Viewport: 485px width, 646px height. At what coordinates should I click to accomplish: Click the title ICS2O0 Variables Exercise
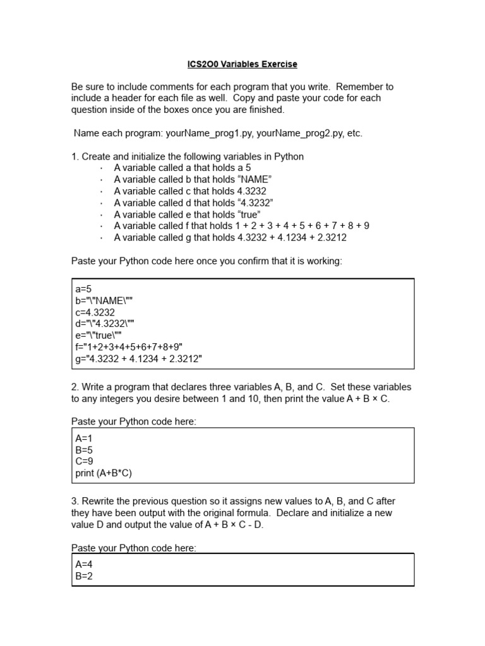tap(242, 64)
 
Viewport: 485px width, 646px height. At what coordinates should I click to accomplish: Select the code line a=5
tap(83, 288)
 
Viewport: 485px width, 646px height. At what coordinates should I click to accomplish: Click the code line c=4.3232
tap(95, 312)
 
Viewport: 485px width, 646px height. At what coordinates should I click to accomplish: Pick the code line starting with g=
tap(139, 360)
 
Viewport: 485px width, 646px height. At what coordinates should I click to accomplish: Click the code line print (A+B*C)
tap(104, 473)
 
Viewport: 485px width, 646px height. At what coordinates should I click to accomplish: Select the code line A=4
tap(84, 564)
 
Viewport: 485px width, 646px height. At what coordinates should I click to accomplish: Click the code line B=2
tap(84, 576)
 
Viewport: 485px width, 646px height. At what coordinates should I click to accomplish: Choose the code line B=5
tap(84, 450)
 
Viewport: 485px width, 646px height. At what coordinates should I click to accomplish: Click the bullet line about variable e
tap(187, 214)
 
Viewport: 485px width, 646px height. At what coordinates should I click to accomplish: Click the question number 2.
tap(75, 387)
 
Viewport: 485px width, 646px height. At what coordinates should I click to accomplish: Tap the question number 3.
tap(75, 501)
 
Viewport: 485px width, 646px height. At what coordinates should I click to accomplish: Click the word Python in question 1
tap(289, 156)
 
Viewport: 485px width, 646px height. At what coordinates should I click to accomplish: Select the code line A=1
tap(84, 438)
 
